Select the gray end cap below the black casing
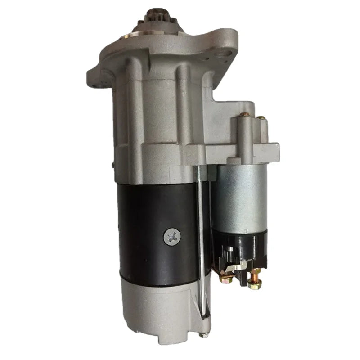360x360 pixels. click(157, 306)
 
